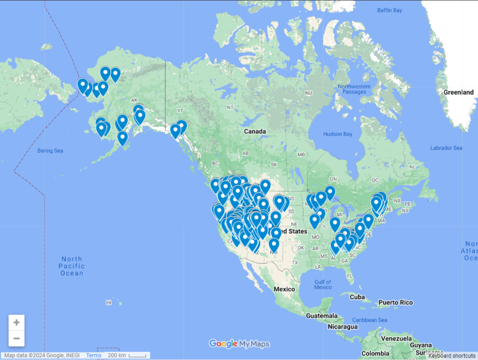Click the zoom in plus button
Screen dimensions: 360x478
click(x=16, y=323)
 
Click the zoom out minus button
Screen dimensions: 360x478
click(x=16, y=338)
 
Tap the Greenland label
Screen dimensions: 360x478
click(x=458, y=92)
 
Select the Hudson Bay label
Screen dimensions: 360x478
click(x=337, y=134)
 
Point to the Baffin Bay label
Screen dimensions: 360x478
click(x=390, y=10)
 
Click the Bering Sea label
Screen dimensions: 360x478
click(x=50, y=151)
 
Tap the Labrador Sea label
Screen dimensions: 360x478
click(x=446, y=148)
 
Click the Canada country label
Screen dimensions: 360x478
click(x=255, y=132)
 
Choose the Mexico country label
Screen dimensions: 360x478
click(x=284, y=289)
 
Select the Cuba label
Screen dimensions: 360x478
click(x=357, y=297)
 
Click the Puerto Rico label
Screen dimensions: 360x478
click(x=395, y=303)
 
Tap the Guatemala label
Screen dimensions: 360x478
click(x=322, y=316)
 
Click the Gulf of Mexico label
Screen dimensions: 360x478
click(x=323, y=284)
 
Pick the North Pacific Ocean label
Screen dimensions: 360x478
click(x=71, y=266)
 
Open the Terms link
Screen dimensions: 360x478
click(x=93, y=355)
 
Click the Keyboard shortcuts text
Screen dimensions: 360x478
click(x=451, y=356)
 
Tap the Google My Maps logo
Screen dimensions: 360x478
click(x=239, y=344)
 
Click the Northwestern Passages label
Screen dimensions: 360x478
click(x=354, y=89)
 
